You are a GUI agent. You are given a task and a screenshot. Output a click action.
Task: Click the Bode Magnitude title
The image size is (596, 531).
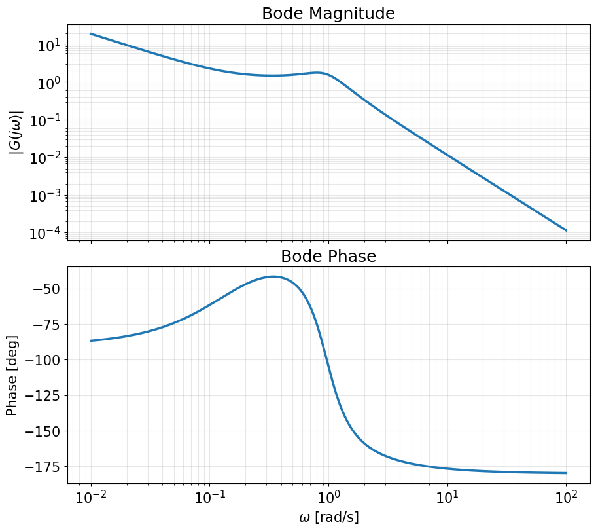pos(328,13)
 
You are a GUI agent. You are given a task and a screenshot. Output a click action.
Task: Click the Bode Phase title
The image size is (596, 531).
pos(328,256)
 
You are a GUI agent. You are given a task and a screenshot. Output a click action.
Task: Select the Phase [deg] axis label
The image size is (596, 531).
pos(12,375)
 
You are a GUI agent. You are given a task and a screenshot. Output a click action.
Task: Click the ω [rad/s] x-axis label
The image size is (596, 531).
pos(328,517)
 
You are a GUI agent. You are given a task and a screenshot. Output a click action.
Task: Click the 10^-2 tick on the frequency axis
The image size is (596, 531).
pos(91,498)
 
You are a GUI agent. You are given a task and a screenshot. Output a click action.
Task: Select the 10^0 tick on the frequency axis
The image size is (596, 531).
pos(328,498)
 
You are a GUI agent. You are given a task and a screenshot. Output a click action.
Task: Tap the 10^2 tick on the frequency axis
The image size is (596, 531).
pos(566,498)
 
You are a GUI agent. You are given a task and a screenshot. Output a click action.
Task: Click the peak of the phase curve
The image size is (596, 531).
pos(273,276)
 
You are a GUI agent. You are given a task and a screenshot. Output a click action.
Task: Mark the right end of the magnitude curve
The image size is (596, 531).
pos(566,230)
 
